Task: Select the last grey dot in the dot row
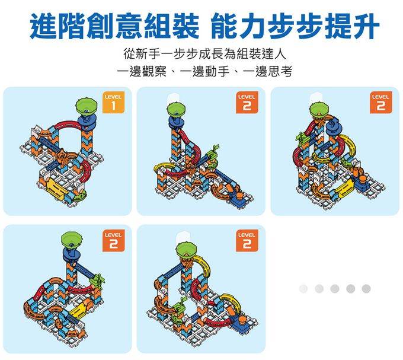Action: (366, 288)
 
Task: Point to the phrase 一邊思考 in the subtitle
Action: (268, 72)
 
